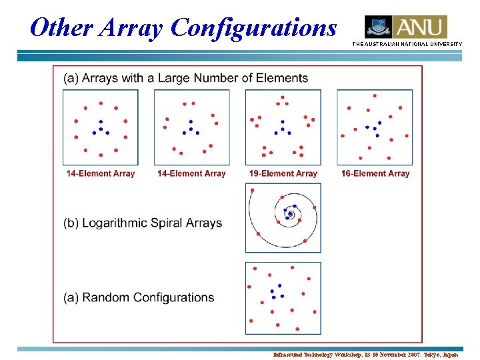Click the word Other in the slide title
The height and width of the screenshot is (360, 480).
pyautogui.click(x=63, y=28)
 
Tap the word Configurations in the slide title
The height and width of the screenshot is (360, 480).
pyautogui.click(x=253, y=28)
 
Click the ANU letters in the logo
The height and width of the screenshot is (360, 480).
pyautogui.click(x=420, y=27)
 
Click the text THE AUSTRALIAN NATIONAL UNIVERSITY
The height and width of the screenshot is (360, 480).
pyautogui.click(x=407, y=44)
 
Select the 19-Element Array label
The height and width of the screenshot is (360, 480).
pyautogui.click(x=283, y=173)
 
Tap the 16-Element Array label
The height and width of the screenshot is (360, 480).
pyautogui.click(x=375, y=173)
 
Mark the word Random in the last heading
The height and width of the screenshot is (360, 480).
pyautogui.click(x=105, y=297)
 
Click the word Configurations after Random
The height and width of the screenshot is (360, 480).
pyautogui.click(x=173, y=297)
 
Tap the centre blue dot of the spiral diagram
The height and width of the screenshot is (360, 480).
pyautogui.click(x=290, y=214)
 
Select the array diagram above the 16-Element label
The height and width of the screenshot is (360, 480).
pyautogui.click(x=375, y=127)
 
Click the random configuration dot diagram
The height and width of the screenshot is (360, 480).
pyautogui.click(x=283, y=297)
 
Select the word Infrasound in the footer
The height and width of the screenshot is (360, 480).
pyautogui.click(x=288, y=355)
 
